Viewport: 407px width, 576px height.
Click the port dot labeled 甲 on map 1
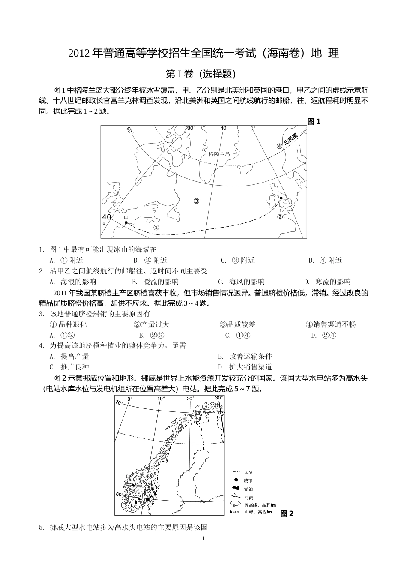point(126,222)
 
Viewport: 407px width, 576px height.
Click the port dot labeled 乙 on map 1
point(281,198)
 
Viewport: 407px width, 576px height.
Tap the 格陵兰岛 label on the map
point(219,154)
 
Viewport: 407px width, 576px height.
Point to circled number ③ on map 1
point(196,201)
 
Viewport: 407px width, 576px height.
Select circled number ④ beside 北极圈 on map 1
point(279,145)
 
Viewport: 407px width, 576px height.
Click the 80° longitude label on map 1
point(191,128)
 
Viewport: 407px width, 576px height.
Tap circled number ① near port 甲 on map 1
point(156,228)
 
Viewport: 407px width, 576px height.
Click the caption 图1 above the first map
point(314,121)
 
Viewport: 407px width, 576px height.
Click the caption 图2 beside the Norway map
point(287,513)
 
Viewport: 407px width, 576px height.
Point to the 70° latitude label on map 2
point(119,402)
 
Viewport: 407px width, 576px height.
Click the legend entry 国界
point(248,472)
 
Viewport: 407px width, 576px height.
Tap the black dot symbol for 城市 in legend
point(235,480)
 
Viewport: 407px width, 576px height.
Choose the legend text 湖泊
point(248,489)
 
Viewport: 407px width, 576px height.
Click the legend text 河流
point(248,498)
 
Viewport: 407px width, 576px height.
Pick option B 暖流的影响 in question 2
point(156,282)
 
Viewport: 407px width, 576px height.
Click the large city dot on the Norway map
point(147,499)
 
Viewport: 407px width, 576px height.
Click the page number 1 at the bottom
point(203,538)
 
